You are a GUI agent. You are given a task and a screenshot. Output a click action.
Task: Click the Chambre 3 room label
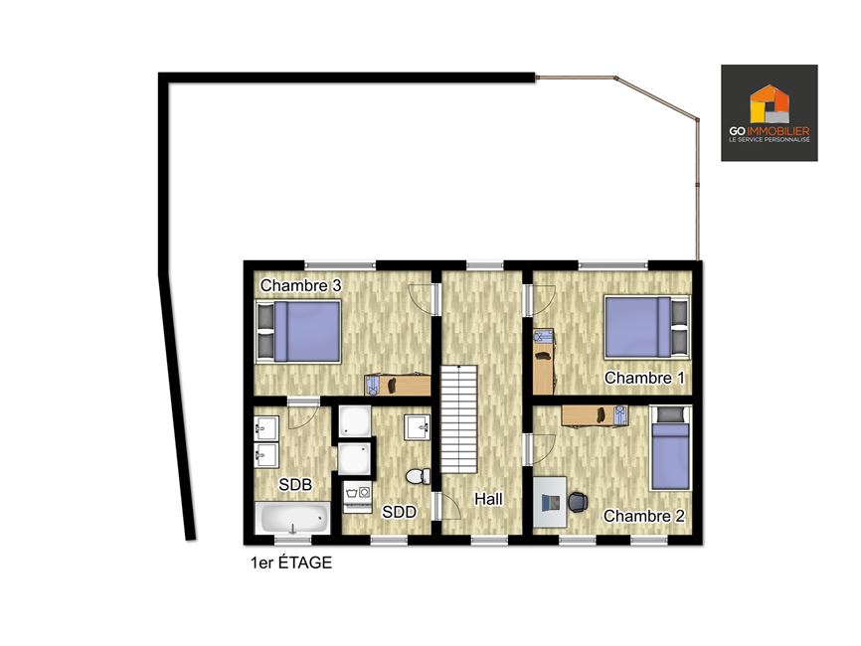point(300,285)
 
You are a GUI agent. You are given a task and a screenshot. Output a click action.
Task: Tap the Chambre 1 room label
point(644,378)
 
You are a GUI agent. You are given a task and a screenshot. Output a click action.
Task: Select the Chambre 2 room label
point(644,516)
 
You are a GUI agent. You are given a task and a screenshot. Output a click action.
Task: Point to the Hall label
point(488,499)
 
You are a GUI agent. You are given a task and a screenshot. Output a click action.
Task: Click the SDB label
point(295,485)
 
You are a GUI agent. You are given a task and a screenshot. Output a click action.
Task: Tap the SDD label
point(400,512)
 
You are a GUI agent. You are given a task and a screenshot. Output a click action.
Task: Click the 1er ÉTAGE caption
point(291,563)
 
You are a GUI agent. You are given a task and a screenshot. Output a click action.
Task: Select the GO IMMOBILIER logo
point(770,113)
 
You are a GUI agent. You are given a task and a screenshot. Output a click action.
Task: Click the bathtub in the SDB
point(292,518)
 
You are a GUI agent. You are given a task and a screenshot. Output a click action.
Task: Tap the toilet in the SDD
point(419,476)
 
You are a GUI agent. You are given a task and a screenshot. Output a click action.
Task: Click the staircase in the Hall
point(459,418)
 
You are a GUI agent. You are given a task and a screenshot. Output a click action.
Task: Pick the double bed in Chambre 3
point(298,331)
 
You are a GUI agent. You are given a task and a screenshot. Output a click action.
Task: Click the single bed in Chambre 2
point(670,448)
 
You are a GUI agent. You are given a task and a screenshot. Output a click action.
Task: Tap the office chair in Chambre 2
point(578,502)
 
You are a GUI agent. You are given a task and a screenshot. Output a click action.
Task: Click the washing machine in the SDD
point(357,497)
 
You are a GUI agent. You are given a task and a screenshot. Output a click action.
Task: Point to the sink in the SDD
point(418,427)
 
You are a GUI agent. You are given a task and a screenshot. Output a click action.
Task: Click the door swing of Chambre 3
point(421,300)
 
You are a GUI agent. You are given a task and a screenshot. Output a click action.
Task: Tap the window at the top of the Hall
point(485,266)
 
